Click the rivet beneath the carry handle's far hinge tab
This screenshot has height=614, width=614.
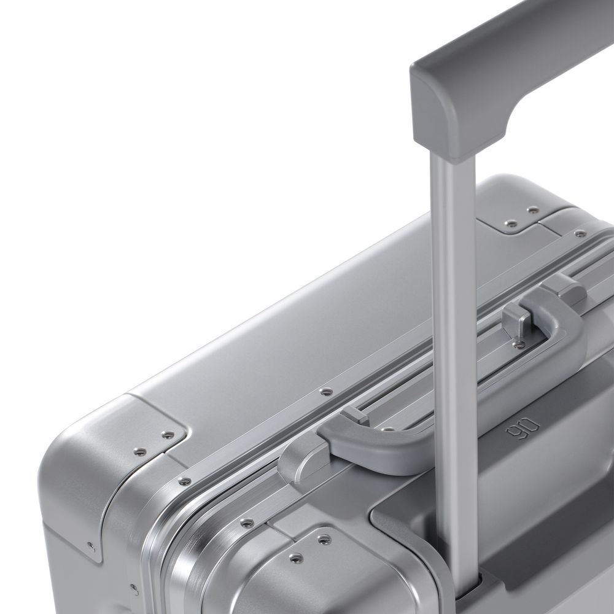click(x=519, y=344)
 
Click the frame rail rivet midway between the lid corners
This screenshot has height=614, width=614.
click(x=326, y=391)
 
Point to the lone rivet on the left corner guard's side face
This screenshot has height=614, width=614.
click(x=91, y=545)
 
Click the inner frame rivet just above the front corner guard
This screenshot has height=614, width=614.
click(x=247, y=523)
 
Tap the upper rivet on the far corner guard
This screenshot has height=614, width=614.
click(x=533, y=210)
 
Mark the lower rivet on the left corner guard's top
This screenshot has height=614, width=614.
click(x=140, y=451)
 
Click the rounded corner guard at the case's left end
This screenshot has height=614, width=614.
click(x=117, y=467)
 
